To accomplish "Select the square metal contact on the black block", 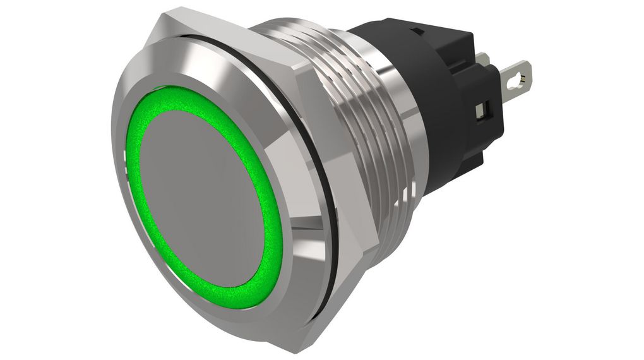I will click(482, 112).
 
